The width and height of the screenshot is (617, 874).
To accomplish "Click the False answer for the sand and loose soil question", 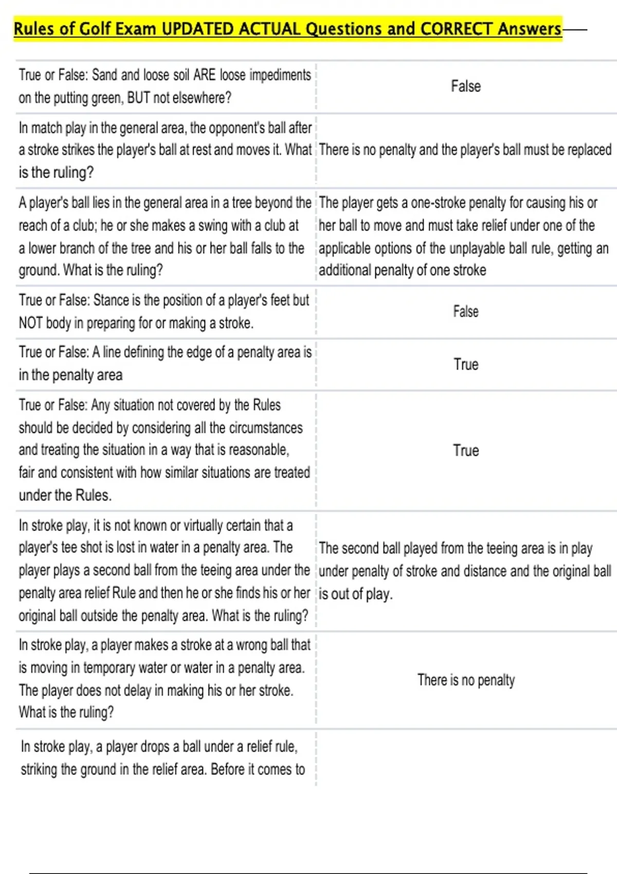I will tap(466, 86).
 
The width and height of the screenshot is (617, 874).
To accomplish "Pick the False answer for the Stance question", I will tap(466, 312).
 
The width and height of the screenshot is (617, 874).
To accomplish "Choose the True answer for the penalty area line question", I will tap(466, 365).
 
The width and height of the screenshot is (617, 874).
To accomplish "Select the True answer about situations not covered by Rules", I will tap(466, 450).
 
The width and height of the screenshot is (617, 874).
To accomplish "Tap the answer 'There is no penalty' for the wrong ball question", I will tap(466, 680).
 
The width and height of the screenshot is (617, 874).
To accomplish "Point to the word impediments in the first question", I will tap(280, 76).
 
